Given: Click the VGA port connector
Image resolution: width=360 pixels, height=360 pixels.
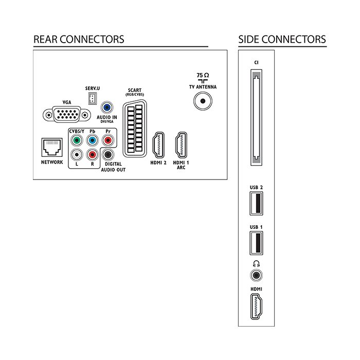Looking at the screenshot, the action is click(66, 114).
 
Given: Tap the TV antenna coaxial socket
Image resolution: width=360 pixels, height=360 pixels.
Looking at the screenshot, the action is click(203, 101).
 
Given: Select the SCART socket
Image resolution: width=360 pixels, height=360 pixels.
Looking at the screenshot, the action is click(135, 129).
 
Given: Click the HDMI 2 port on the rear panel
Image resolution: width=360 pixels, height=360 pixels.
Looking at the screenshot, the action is click(158, 145).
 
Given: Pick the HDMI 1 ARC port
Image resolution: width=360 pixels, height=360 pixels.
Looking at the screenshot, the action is click(181, 145).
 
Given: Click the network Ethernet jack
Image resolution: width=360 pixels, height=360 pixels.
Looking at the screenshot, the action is click(52, 148).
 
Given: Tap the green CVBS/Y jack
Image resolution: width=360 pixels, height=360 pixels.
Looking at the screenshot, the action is click(77, 140).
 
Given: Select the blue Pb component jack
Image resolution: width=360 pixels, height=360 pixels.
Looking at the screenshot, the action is click(92, 140).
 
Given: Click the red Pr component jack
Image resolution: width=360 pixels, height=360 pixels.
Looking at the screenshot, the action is click(108, 140).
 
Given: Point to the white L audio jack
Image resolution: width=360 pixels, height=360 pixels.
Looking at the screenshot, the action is click(77, 155).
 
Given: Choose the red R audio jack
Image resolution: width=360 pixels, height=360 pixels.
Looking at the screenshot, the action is click(92, 155).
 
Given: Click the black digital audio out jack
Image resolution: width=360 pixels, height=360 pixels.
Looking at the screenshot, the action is click(108, 155).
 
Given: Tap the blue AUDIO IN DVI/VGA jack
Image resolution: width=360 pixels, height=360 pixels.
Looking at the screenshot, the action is click(107, 107).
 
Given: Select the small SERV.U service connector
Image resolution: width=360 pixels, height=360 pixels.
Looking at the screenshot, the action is click(92, 99).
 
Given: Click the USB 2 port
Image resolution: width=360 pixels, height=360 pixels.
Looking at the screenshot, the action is click(257, 204).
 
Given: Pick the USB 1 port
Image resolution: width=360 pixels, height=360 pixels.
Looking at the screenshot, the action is click(257, 243).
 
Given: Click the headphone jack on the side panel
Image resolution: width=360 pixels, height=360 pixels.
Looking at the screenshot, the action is click(256, 275).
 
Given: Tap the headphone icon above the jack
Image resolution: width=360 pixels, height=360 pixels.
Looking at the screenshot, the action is click(256, 263).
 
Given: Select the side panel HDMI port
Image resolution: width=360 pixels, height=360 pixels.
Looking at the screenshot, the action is click(256, 307).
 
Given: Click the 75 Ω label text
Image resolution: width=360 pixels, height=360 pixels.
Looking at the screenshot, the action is click(203, 75).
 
